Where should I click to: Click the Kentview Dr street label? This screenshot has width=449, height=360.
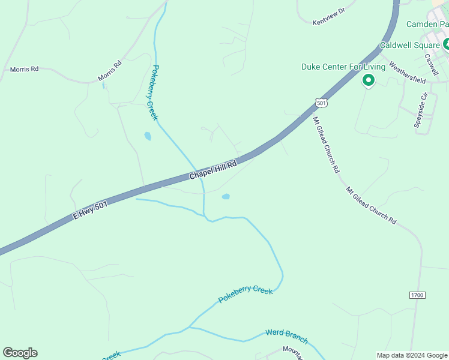tap(330, 16)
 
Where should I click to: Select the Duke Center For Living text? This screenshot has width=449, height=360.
tap(342, 67)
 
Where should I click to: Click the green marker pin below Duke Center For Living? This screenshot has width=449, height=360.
tap(368, 80)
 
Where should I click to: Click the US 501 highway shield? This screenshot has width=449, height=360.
tap(322, 103)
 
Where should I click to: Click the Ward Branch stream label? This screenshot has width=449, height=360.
tap(287, 337)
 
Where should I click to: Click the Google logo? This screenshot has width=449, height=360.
tap(20, 353)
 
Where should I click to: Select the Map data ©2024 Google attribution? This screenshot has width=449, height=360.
tap(412, 355)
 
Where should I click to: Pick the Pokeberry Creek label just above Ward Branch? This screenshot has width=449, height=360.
tap(246, 294)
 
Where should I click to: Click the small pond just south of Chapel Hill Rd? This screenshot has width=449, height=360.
tap(226, 196)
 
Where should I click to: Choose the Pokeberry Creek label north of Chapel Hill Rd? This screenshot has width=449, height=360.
tap(154, 92)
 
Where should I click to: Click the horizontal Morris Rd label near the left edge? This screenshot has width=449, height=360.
tap(25, 70)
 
